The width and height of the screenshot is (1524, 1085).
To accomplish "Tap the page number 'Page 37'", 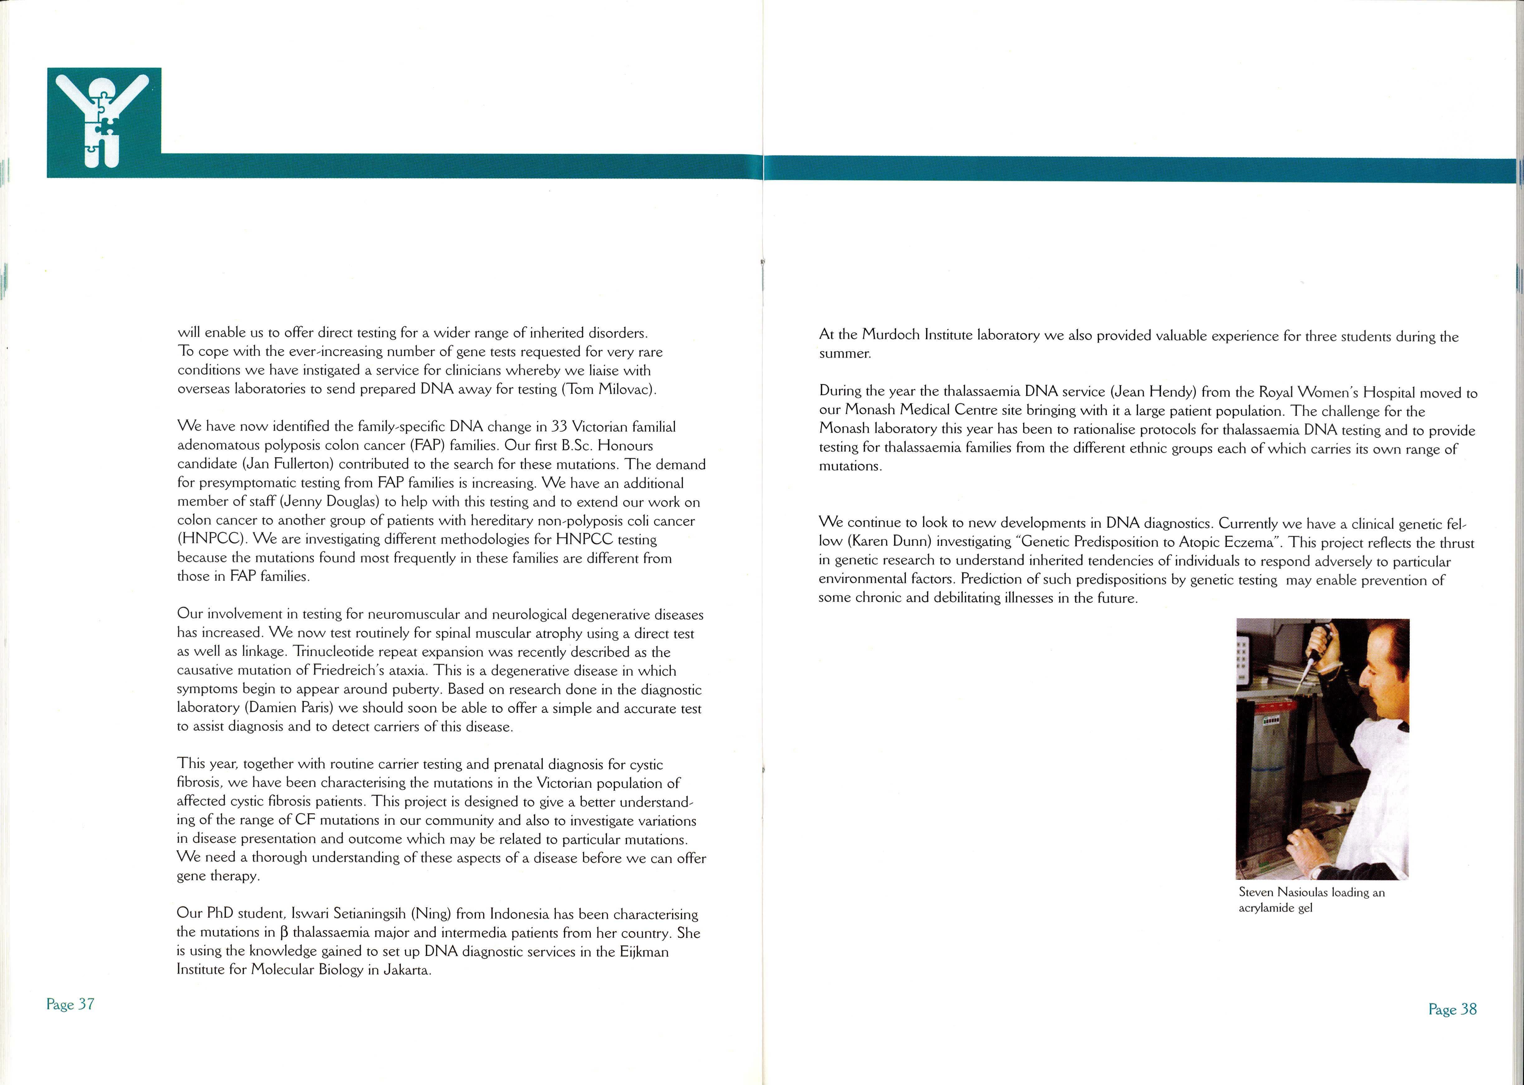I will coord(70,1004).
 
